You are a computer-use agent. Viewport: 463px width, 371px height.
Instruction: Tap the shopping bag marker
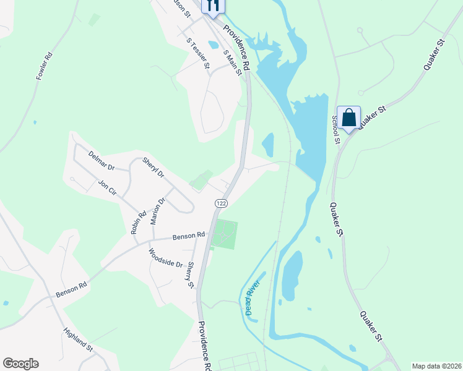tap(348, 117)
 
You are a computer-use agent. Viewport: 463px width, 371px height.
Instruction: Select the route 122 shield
tap(222, 203)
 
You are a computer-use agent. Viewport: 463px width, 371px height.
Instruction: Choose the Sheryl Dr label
tap(153, 168)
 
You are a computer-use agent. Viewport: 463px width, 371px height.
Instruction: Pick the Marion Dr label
tap(157, 210)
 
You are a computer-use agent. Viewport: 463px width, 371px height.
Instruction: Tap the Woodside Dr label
tap(166, 258)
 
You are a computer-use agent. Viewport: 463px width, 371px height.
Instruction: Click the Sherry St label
tap(190, 275)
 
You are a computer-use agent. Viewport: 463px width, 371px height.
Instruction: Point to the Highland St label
tap(78, 339)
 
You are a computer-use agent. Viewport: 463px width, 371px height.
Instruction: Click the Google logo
tap(20, 364)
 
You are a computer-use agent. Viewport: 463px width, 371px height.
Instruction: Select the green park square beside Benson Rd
tap(224, 235)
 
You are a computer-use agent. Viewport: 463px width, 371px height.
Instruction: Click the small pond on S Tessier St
tap(214, 45)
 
